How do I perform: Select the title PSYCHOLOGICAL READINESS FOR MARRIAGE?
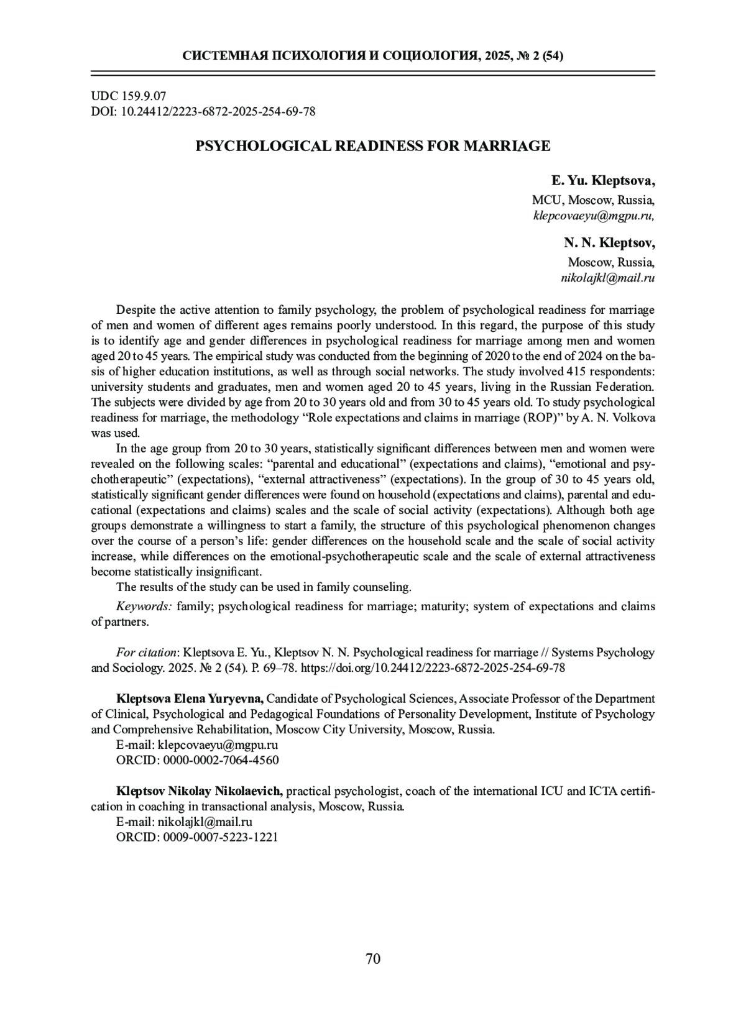[x=373, y=147]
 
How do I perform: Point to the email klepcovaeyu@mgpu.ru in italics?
[x=594, y=216]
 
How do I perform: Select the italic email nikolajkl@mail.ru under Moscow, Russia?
[x=608, y=278]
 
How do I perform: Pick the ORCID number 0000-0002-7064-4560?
[x=220, y=760]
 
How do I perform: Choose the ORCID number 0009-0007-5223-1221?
[x=220, y=837]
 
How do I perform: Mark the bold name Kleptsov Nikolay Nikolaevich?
[x=200, y=791]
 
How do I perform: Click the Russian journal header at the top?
[x=373, y=56]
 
